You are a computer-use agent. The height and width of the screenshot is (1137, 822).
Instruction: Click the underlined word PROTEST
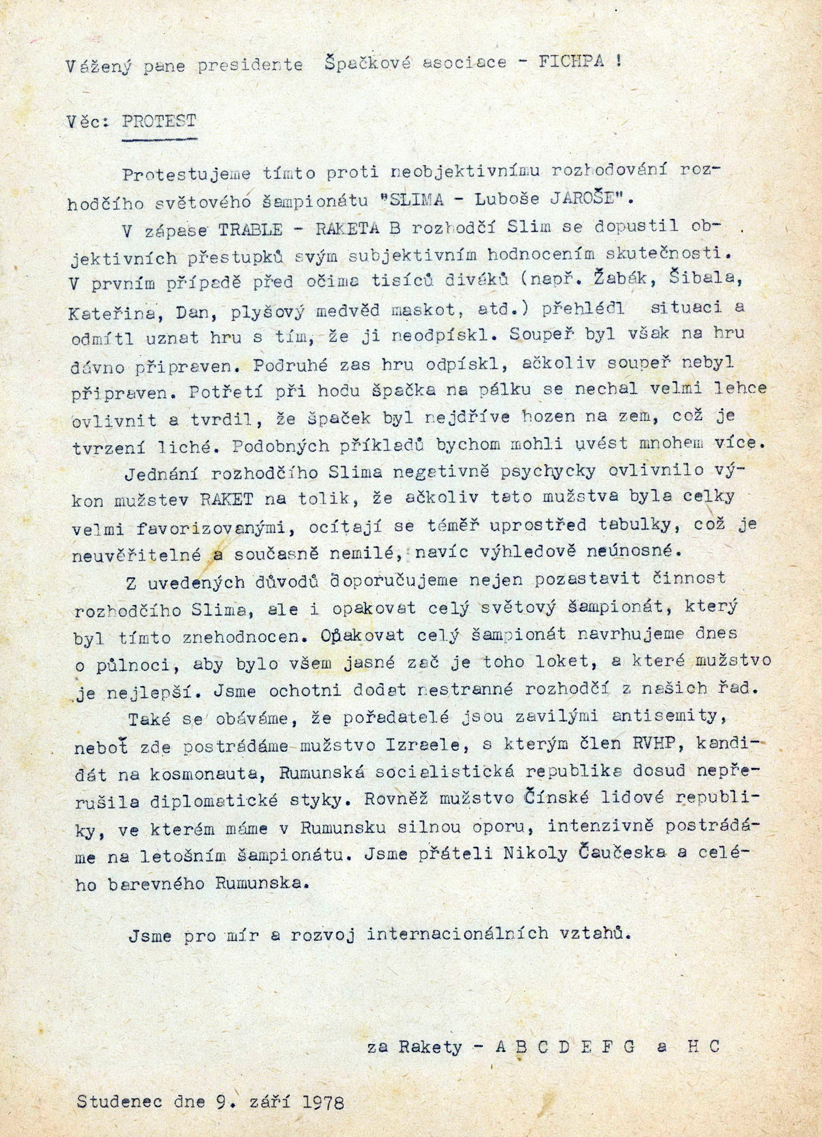(x=159, y=121)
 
